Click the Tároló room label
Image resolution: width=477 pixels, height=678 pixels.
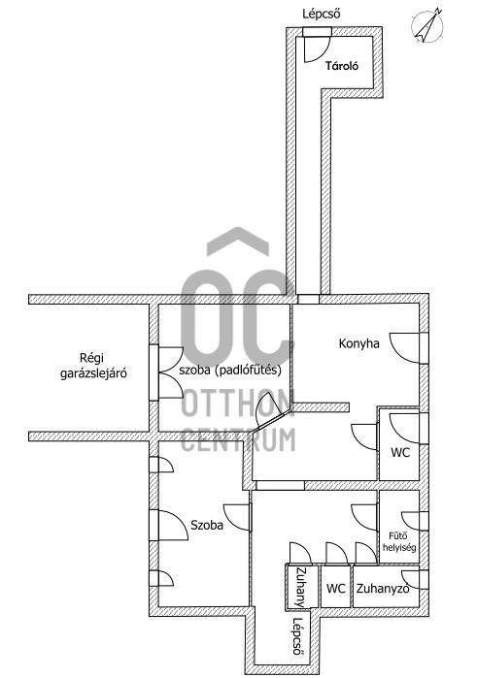(342, 66)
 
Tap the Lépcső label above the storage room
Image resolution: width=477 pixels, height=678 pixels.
(321, 14)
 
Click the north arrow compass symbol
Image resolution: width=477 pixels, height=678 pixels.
(426, 25)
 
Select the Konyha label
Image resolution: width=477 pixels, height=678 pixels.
(359, 343)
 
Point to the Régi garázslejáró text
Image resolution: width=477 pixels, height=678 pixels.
(93, 366)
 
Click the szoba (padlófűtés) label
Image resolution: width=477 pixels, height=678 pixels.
(230, 370)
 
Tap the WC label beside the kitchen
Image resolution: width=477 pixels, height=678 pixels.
(400, 453)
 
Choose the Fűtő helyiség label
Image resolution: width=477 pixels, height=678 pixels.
(399, 541)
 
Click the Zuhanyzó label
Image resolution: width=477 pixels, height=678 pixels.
(383, 589)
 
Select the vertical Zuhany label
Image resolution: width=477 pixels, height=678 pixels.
(300, 587)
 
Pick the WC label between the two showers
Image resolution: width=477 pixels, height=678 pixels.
(336, 589)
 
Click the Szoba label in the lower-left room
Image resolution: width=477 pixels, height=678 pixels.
(207, 525)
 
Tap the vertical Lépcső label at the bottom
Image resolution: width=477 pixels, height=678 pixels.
(298, 636)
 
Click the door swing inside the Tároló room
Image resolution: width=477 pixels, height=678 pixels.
(317, 49)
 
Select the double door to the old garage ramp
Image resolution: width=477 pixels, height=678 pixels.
(170, 371)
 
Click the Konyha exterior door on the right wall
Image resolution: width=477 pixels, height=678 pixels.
(405, 348)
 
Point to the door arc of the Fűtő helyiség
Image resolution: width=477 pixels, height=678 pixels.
(411, 522)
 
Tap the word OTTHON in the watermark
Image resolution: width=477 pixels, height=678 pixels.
(238, 403)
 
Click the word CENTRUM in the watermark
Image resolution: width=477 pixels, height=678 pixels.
(238, 439)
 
